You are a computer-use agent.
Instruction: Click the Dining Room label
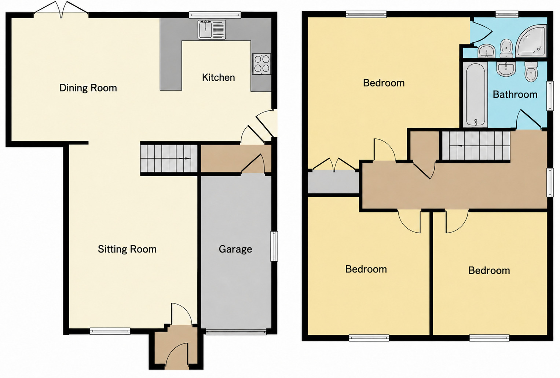coord(88,88)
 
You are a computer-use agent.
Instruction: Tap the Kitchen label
coord(218,77)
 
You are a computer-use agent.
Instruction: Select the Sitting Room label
coord(127,249)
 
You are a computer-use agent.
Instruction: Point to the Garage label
coord(235,249)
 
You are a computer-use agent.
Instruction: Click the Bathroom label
coord(515,95)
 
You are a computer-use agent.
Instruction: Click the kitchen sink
coord(212,30)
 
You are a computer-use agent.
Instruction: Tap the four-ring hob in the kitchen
coord(261,64)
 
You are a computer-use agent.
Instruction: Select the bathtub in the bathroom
coord(475,95)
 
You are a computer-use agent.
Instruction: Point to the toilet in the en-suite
coord(506,48)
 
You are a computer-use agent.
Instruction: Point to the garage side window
coord(274,246)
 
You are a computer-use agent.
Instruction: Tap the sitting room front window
coord(110,331)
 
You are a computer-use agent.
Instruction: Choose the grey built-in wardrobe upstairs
coord(333,182)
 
